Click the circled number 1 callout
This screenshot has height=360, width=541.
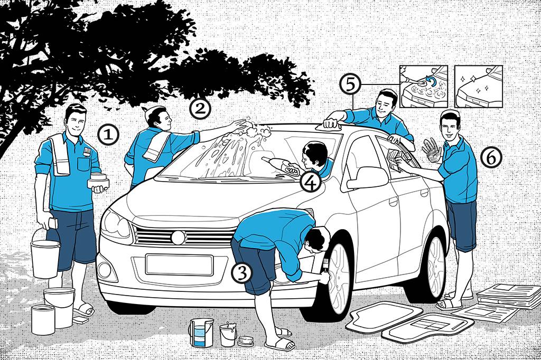[x=108, y=135]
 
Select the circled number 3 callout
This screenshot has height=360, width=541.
[x=241, y=272]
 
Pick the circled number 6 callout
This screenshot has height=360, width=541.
[x=491, y=156]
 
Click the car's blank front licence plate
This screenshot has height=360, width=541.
[x=179, y=264]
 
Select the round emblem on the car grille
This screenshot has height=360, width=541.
[x=179, y=238]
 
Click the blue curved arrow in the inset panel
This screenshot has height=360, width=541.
[x=426, y=81]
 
